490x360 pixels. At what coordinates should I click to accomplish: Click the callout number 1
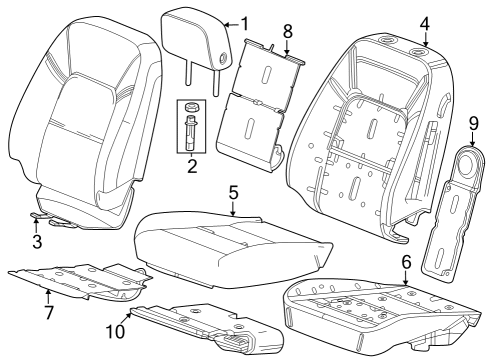[245, 24]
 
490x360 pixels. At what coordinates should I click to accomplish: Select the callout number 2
[192, 166]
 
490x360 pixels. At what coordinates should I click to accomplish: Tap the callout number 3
[37, 241]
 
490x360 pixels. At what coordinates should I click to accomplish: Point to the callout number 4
[424, 24]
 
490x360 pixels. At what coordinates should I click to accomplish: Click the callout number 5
[233, 193]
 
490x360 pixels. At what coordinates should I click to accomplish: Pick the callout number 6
[406, 262]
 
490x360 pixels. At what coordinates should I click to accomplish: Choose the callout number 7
[48, 312]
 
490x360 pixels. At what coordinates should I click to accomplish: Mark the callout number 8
[288, 31]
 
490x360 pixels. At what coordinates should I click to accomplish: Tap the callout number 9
[473, 124]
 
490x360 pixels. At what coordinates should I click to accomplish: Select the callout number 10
[115, 331]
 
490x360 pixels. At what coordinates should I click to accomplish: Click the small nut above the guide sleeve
[191, 107]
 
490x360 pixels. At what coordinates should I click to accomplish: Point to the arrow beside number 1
[232, 25]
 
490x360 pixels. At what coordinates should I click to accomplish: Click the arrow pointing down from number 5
[233, 208]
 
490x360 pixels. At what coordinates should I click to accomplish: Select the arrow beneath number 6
[405, 278]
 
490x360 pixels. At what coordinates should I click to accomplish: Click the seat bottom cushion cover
[232, 248]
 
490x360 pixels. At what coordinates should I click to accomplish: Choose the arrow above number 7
[48, 297]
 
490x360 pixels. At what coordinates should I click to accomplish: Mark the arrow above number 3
[37, 224]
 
